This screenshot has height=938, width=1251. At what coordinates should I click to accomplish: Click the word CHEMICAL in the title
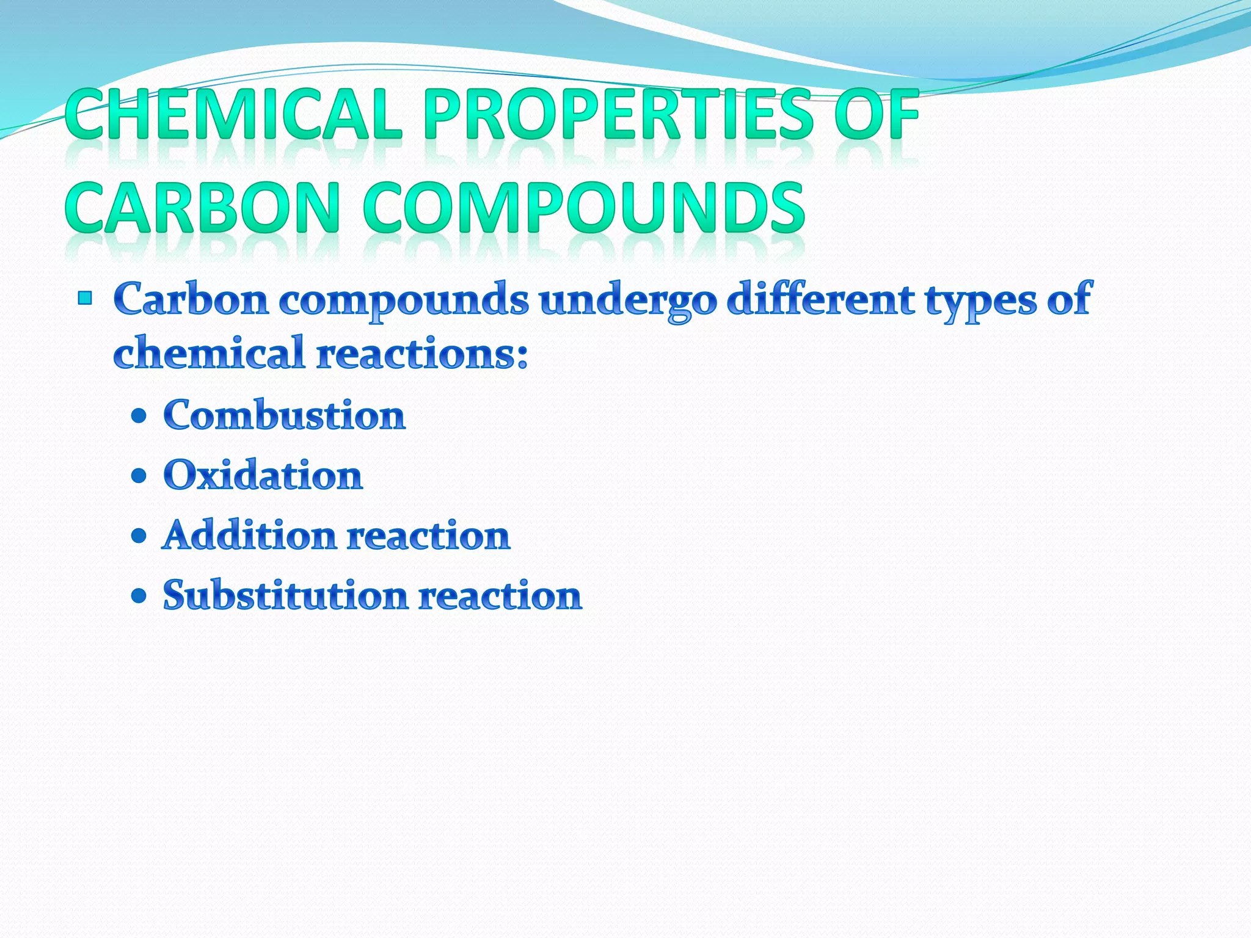pos(234,115)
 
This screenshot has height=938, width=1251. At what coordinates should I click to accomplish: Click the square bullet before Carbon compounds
pos(85,299)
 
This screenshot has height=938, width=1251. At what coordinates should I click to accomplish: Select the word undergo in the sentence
pos(628,300)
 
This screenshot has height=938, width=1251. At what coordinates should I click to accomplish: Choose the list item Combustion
pos(284,415)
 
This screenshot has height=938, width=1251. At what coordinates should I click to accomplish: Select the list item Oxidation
pos(263,475)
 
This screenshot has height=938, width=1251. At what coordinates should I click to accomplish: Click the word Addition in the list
pos(249,536)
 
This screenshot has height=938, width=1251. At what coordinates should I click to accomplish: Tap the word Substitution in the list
pos(285,595)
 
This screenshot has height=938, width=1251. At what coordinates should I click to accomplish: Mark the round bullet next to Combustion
pos(139,416)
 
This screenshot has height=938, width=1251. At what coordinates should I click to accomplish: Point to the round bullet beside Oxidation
pos(139,476)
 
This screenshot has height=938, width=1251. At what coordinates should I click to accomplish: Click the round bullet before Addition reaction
pos(139,536)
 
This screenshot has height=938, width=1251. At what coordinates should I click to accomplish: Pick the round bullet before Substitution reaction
pos(139,596)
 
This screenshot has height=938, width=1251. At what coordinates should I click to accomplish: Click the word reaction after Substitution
pos(500,596)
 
